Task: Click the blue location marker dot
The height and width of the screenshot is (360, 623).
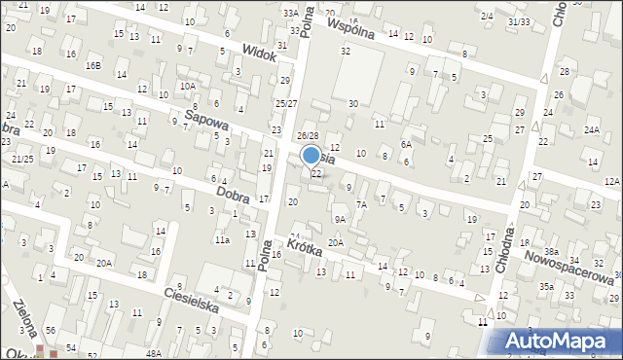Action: click(311, 154)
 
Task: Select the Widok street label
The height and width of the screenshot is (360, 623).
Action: click(260, 53)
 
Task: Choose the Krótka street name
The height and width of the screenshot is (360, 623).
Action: click(305, 243)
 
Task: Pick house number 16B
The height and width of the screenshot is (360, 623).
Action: click(92, 65)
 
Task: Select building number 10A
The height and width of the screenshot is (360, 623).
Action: click(187, 86)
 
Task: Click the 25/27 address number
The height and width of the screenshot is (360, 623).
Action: click(285, 103)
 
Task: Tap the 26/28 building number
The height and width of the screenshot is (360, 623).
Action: click(308, 135)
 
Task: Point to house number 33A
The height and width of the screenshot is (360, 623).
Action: click(290, 13)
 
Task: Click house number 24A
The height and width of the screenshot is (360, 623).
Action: click(591, 129)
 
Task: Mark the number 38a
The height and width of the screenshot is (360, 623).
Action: click(550, 251)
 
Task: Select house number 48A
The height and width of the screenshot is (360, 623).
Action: click(154, 353)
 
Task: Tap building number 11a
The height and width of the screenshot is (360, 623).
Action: click(222, 239)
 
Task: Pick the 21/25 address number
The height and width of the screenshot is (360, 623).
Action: click(23, 159)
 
